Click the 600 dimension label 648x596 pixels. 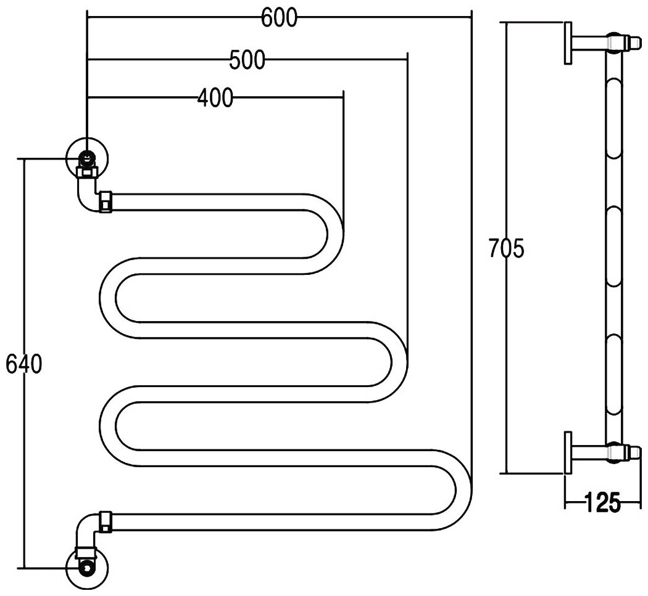(x=278, y=18)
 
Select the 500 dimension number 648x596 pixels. (x=247, y=60)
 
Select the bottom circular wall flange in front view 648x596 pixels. (x=88, y=566)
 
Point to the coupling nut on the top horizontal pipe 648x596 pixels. (x=106, y=202)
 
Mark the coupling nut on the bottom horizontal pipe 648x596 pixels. (x=106, y=521)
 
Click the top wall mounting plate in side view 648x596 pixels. (x=568, y=43)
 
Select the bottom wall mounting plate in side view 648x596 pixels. (x=568, y=453)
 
